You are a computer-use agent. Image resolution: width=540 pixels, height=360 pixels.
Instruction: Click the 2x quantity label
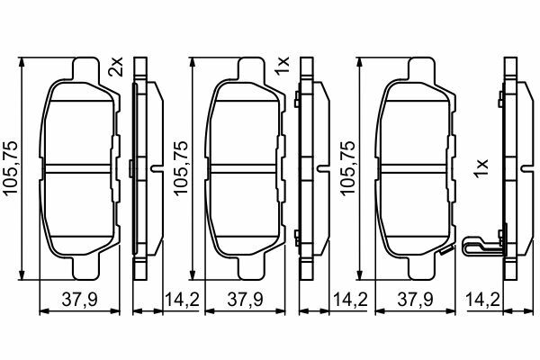[x=115, y=67]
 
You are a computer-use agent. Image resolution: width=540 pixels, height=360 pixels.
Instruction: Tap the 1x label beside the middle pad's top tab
[x=282, y=66]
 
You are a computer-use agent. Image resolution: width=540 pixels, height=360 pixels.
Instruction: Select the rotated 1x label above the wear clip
[x=481, y=168]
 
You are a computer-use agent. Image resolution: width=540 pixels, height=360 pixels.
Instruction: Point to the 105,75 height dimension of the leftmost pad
[x=10, y=167]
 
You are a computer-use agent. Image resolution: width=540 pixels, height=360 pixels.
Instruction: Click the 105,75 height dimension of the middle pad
[x=181, y=168]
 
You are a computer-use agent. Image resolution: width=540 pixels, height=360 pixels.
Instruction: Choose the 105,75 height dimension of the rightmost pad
[x=347, y=168]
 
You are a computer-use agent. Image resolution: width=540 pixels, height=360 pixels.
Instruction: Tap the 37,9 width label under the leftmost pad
[x=80, y=300]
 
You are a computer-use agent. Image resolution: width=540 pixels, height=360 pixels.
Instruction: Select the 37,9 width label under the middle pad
[x=245, y=300]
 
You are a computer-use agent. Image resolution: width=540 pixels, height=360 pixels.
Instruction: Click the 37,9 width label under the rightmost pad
[x=415, y=300]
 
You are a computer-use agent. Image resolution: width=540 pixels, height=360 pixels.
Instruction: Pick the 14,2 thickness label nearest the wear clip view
[x=482, y=300]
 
